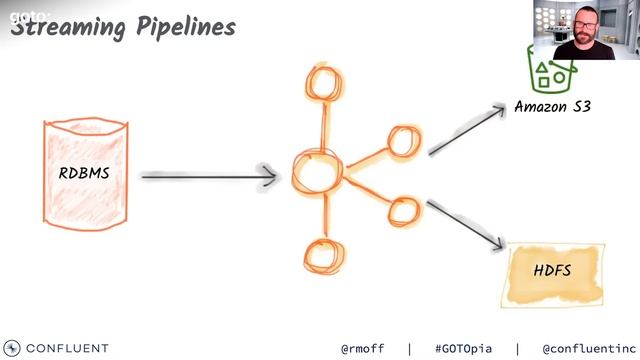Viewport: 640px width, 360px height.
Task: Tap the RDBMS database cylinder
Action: pos(84,172)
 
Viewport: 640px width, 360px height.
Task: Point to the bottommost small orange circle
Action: pos(320,254)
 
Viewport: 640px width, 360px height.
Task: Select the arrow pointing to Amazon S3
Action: pos(468,129)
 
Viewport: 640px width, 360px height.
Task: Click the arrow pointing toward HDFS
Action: pos(468,225)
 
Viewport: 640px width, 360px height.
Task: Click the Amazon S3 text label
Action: pos(553,106)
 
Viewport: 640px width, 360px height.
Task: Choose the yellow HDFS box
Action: pos(553,271)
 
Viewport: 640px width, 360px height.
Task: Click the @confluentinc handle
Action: pos(583,349)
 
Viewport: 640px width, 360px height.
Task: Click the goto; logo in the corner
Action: pos(22,15)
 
